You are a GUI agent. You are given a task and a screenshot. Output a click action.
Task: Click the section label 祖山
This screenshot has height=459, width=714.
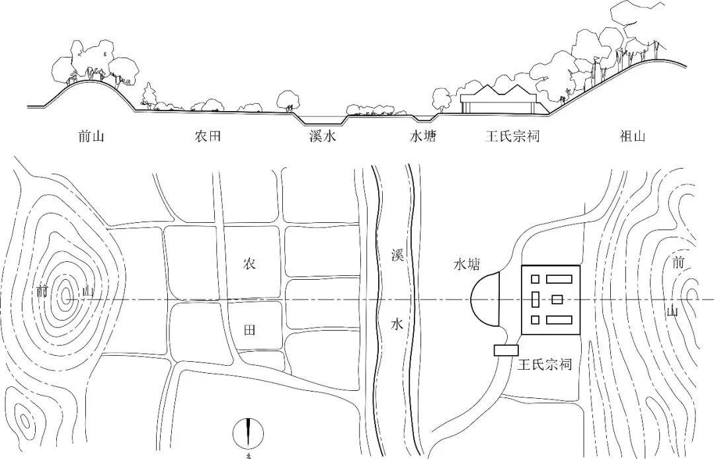tap(633, 137)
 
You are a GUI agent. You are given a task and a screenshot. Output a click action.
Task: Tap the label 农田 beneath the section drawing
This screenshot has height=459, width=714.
tap(207, 137)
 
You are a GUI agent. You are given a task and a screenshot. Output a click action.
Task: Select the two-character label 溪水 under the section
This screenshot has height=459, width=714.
tap(324, 137)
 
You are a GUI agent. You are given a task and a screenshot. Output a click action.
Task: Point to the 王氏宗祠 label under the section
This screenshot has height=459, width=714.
tap(512, 137)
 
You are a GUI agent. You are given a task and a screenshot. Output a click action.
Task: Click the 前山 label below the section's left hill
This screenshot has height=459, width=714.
tap(91, 137)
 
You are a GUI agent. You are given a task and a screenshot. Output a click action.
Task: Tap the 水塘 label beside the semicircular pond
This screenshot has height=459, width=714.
tap(466, 265)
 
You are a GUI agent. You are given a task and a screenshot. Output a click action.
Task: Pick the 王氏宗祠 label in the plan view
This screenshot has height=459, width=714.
tap(545, 364)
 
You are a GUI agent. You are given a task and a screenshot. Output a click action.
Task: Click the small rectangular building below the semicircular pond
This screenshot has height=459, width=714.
tap(506, 350)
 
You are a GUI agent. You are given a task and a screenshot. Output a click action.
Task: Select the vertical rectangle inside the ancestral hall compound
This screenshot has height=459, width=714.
tap(535, 300)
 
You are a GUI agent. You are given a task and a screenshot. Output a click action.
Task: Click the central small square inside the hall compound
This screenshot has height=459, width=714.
tap(557, 300)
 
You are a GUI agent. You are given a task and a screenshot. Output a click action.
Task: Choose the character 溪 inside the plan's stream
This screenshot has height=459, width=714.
tap(397, 257)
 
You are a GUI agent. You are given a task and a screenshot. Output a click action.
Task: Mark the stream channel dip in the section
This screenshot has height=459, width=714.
tap(321, 120)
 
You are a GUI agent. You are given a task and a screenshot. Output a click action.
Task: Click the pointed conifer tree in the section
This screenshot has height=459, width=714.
tap(149, 96)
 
